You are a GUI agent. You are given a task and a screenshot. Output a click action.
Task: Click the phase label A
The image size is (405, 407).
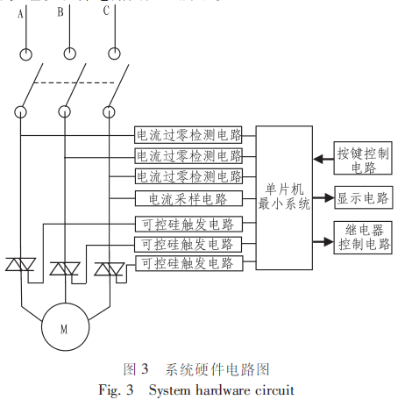[20, 14]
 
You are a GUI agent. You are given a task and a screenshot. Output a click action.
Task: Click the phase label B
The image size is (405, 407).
[60, 12]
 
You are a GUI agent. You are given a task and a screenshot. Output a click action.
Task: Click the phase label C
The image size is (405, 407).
[106, 11]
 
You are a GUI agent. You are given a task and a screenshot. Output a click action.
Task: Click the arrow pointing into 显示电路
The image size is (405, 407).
[323, 198]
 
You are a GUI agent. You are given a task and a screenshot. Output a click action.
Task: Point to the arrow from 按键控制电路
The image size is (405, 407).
[323, 160]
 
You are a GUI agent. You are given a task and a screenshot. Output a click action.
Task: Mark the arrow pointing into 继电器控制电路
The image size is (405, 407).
[323, 242]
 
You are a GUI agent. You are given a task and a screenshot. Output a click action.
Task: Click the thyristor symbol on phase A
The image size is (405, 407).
[21, 264]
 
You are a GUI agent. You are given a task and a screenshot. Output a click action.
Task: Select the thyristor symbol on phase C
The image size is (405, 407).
[110, 269]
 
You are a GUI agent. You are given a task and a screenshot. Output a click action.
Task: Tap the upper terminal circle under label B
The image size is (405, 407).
[70, 54]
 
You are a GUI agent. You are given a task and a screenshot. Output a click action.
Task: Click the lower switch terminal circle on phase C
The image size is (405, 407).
[109, 112]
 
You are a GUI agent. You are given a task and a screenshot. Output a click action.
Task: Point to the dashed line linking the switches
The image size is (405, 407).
[74, 83]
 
